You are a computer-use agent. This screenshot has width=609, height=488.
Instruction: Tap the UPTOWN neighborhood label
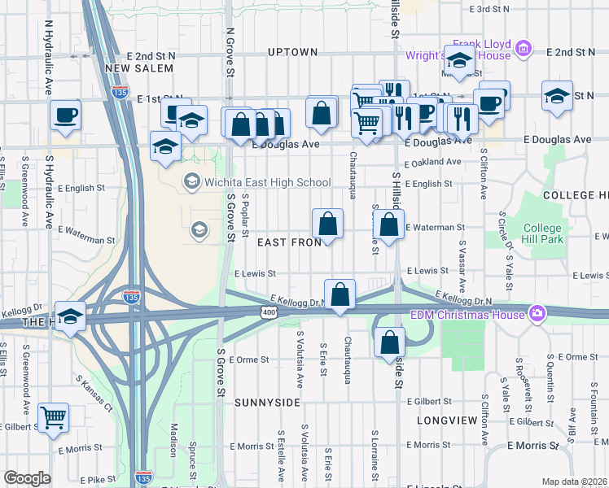tap(292, 52)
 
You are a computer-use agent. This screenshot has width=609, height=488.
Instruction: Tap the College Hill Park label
tap(542, 233)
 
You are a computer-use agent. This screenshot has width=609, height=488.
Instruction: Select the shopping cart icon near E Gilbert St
tap(54, 417)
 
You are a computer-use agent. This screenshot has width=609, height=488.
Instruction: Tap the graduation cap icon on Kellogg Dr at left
tap(71, 316)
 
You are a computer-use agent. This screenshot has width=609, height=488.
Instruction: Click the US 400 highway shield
tap(268, 312)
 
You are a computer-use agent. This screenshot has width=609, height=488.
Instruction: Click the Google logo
tap(27, 477)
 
